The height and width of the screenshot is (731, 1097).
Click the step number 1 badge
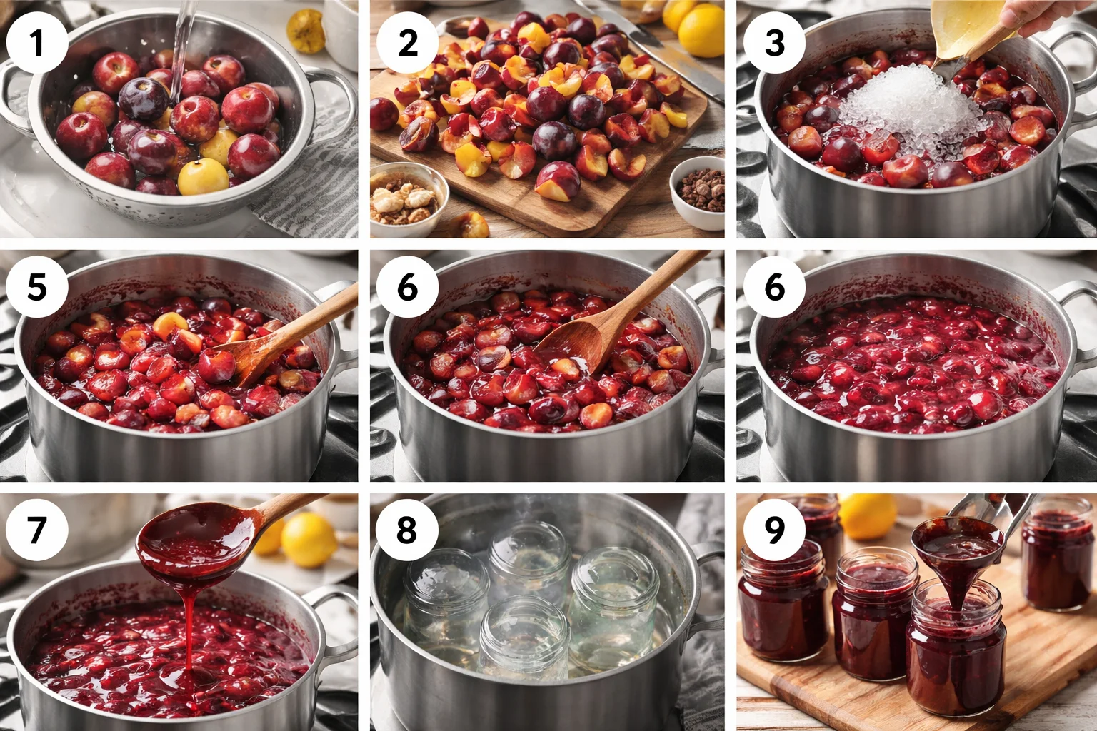click(x=37, y=43)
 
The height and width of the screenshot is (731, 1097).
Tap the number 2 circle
click(x=407, y=43)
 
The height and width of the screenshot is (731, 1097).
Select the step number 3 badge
click(x=775, y=43)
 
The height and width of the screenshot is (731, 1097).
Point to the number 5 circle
click(x=37, y=287)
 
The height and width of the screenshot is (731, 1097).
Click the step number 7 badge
click(x=37, y=530)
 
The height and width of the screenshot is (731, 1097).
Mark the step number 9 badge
click(x=775, y=530)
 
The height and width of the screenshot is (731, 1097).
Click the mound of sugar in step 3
click(x=903, y=114)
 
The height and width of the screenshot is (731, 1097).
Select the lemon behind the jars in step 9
click(x=868, y=515)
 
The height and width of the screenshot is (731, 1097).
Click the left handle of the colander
click(x=16, y=89)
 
